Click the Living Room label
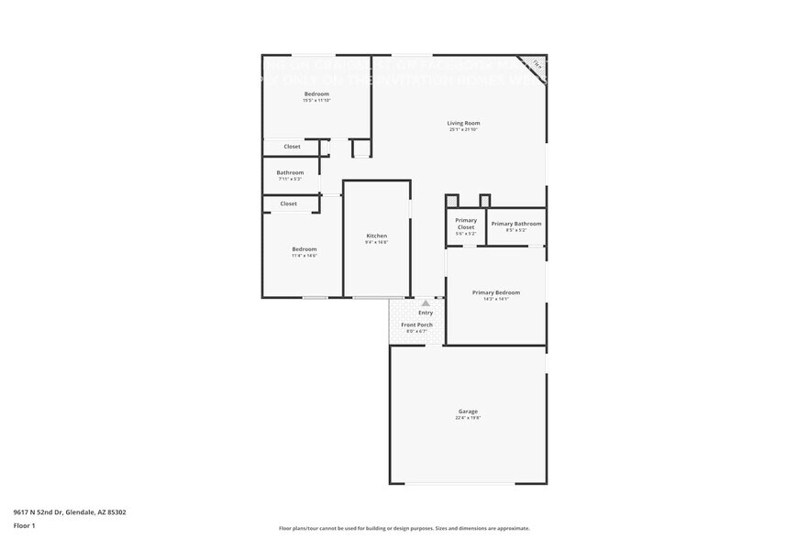tap(463, 123)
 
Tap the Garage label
tap(468, 412)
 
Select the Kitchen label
tap(377, 236)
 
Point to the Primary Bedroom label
tap(495, 292)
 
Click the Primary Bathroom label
tap(515, 224)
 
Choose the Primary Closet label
tap(466, 224)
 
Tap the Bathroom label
tap(290, 172)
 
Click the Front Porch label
tap(416, 324)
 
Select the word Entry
tap(426, 313)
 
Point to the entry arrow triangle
tap(426, 302)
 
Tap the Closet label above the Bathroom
tap(292, 147)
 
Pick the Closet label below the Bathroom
tap(288, 203)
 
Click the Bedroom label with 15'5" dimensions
tap(316, 93)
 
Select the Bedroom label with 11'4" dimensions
tap(304, 249)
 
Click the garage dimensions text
tap(468, 418)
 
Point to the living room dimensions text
tap(463, 129)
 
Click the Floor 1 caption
tap(24, 525)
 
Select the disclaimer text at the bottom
tap(404, 528)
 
